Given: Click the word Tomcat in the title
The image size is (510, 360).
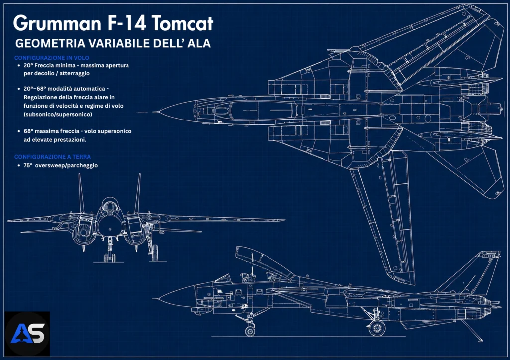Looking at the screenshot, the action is (182, 23).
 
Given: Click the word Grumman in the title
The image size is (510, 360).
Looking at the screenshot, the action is (57, 23).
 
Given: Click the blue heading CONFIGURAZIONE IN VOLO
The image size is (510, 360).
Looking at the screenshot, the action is (52, 58).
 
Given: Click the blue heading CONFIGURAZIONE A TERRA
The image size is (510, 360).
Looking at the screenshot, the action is (52, 157).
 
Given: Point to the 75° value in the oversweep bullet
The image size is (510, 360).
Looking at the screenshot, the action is (28, 165).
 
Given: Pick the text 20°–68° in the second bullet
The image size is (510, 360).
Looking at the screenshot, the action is (35, 89).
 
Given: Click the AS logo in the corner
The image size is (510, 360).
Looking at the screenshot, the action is (27, 334).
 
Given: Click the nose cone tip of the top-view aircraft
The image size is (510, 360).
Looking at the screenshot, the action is (153, 112).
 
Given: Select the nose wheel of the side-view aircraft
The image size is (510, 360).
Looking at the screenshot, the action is (250, 331).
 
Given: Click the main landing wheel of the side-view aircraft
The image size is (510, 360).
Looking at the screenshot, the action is (377, 328).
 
